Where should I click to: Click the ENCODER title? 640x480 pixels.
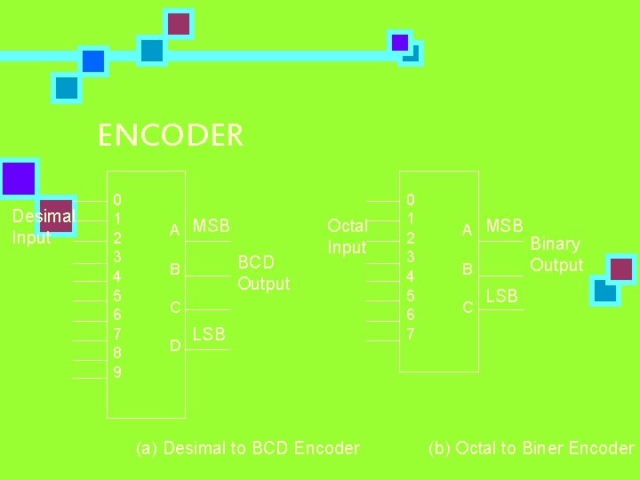170,136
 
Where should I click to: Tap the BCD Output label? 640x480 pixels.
263,273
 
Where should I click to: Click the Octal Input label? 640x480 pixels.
347,236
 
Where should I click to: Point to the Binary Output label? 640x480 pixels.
556,254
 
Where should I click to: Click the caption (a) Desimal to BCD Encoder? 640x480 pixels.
247,448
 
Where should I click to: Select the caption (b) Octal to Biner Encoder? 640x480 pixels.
531,448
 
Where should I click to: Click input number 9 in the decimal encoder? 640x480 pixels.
117,372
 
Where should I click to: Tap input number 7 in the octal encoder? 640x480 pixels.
410,334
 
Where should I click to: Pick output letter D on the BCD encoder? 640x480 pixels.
175,344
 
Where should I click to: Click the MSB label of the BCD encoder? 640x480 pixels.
212,227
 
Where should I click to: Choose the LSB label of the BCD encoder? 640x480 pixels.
209,334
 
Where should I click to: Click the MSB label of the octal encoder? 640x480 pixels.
505,226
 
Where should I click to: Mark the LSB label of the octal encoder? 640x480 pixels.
501,296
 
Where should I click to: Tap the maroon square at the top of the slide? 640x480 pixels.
180,23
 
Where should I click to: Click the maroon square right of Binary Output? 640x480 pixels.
622,268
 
